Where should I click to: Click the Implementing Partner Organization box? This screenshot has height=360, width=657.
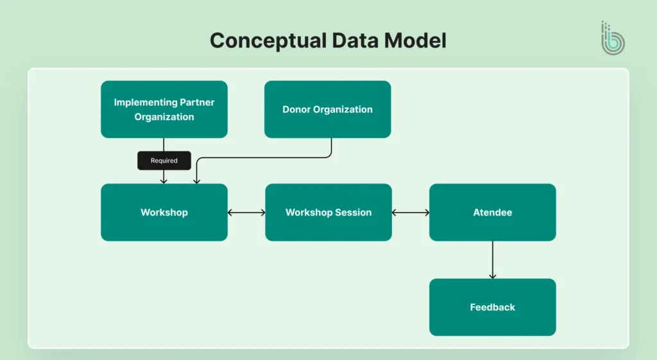(x=164, y=109)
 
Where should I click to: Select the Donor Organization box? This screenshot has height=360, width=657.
(x=327, y=109)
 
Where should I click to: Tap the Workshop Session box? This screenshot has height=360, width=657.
(x=328, y=212)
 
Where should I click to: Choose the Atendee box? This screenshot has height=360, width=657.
(x=492, y=212)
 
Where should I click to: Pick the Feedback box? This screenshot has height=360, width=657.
(x=492, y=307)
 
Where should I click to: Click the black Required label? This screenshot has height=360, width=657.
(x=164, y=160)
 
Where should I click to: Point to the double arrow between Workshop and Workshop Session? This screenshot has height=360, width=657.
(x=246, y=212)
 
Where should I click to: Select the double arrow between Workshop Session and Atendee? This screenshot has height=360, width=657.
(x=411, y=212)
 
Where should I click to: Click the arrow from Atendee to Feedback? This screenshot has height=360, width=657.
(x=492, y=259)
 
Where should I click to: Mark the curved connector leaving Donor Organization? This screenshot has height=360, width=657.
(x=263, y=158)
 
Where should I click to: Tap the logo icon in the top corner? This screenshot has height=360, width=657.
(x=612, y=39)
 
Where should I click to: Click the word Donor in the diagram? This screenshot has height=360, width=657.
(x=296, y=109)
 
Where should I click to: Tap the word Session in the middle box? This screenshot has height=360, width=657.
(x=352, y=212)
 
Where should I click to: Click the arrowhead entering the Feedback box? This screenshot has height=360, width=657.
(x=492, y=276)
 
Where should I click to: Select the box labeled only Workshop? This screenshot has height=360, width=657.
(x=164, y=212)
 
